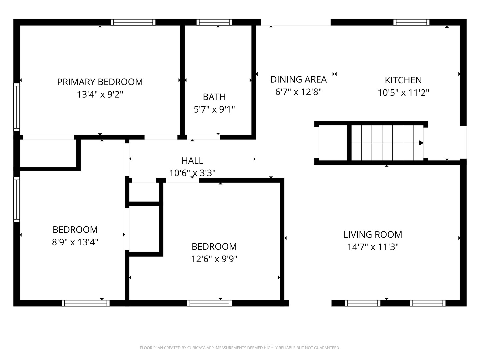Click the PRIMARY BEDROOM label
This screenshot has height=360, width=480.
[100, 82]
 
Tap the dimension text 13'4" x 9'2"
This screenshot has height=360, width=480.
[100, 95]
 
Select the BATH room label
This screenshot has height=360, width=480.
[214, 97]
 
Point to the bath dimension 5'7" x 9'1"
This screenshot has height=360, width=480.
[214, 109]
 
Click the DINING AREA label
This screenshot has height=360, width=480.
[298, 80]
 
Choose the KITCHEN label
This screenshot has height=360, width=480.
[403, 80]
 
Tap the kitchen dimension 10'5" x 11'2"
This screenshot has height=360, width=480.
[403, 93]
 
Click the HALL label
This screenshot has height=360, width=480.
[192, 161]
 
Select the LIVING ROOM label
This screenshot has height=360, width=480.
[373, 235]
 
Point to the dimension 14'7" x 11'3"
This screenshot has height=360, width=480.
[373, 247]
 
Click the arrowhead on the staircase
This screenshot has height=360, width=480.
[421, 143]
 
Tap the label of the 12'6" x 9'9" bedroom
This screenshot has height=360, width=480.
[214, 247]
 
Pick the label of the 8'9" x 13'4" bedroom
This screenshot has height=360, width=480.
[75, 230]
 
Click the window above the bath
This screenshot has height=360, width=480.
[214, 22]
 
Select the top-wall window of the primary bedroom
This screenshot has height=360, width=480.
[133, 22]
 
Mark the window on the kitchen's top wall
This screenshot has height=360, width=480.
[411, 22]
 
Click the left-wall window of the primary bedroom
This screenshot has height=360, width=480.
[16, 106]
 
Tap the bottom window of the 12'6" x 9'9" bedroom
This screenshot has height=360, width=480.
[209, 303]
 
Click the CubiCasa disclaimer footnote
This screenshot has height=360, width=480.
[240, 348]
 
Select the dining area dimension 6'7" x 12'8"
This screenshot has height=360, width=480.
[298, 92]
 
